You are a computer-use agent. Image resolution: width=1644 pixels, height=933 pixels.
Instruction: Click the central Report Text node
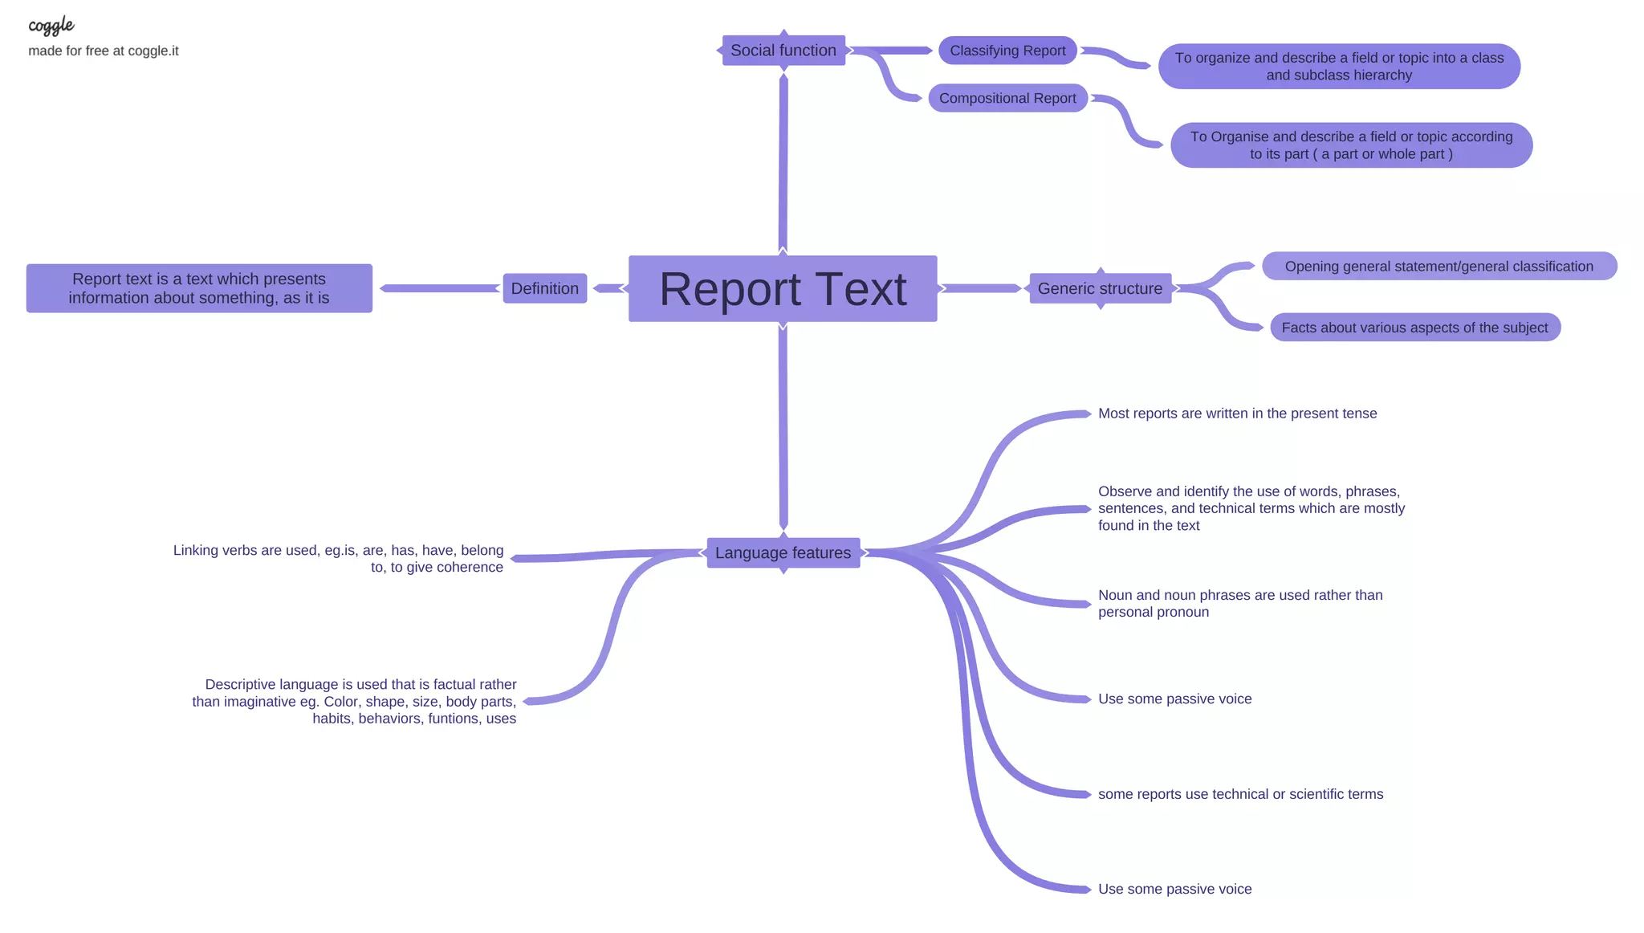[783, 289]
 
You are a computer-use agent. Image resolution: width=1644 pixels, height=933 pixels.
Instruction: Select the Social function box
[783, 51]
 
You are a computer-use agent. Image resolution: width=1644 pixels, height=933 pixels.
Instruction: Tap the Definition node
[545, 288]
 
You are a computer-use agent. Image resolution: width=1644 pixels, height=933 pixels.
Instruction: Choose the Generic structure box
[1100, 288]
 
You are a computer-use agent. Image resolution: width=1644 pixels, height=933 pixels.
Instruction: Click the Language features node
[783, 552]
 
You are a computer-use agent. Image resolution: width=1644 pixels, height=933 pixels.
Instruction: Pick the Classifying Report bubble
[1007, 51]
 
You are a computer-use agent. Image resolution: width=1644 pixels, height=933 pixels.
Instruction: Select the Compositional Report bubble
[1007, 98]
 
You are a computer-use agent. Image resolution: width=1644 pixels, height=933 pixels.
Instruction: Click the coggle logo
[51, 26]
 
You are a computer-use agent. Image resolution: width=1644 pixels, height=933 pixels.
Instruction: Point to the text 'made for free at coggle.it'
[104, 51]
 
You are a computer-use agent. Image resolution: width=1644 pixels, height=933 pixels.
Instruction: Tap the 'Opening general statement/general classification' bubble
[1438, 266]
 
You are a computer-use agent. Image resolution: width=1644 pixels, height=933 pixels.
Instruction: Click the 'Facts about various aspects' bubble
[1414, 328]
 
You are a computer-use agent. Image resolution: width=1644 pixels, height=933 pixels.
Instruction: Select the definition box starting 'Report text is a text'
[199, 288]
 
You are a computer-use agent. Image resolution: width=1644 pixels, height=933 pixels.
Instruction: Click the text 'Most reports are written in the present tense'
[1237, 414]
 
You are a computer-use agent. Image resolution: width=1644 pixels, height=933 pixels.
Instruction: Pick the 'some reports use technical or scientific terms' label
[1240, 794]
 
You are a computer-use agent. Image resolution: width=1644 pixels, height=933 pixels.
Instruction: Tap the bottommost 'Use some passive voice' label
[1174, 889]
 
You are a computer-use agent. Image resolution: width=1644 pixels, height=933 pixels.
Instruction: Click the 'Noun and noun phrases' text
[1239, 603]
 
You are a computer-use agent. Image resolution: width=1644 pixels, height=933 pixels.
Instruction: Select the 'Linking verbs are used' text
[339, 558]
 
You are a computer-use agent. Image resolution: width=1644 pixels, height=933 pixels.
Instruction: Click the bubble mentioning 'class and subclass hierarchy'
[1339, 67]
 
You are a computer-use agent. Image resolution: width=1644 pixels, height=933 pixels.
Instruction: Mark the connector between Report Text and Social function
[783, 161]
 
